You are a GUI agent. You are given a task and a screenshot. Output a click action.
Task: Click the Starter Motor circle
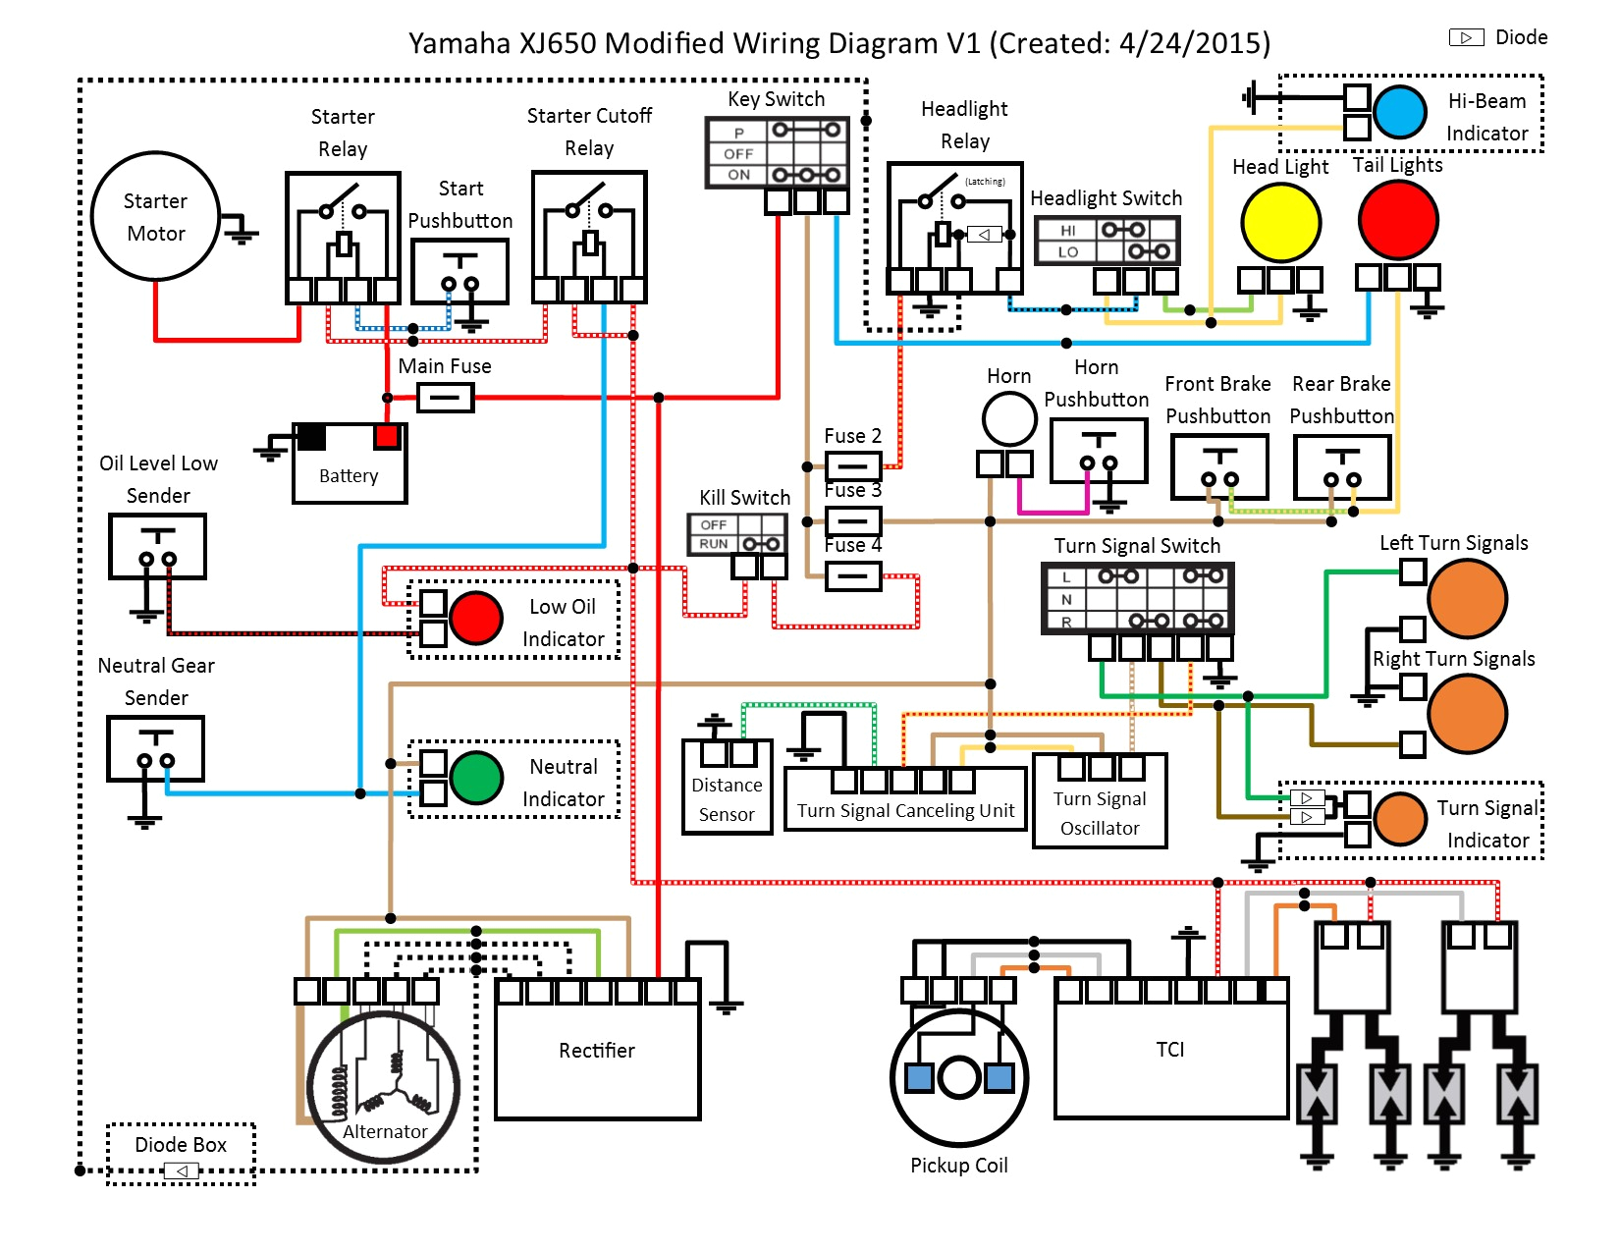click(155, 216)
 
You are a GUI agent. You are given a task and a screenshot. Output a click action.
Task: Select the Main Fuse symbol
click(446, 398)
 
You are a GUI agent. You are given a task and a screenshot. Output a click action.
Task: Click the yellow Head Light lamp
click(1280, 223)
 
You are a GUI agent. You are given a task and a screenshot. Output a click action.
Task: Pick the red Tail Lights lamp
click(1398, 220)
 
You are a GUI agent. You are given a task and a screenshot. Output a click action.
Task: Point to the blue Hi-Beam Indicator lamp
click(1399, 112)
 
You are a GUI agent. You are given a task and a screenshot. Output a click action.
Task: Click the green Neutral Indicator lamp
click(476, 778)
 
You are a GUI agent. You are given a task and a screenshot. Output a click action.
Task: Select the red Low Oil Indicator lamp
click(476, 618)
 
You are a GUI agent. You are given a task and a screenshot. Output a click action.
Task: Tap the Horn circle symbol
click(1009, 419)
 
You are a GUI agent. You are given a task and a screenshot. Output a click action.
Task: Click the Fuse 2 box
click(852, 465)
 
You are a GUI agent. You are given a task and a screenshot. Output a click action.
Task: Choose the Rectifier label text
click(596, 1051)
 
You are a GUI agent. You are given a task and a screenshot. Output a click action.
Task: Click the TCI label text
click(1169, 1050)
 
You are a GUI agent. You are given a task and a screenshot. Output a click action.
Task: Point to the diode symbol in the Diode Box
click(182, 1170)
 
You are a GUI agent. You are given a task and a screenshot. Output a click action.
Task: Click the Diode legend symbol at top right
click(1466, 37)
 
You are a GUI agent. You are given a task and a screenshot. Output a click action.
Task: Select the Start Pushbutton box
click(459, 272)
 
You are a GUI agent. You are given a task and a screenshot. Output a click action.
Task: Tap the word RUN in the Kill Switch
click(713, 544)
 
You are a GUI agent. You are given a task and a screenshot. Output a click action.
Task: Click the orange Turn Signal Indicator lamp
click(1400, 819)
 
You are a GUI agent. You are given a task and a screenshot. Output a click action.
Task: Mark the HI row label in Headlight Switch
click(1067, 230)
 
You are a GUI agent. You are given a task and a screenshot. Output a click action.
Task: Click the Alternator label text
click(385, 1131)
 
